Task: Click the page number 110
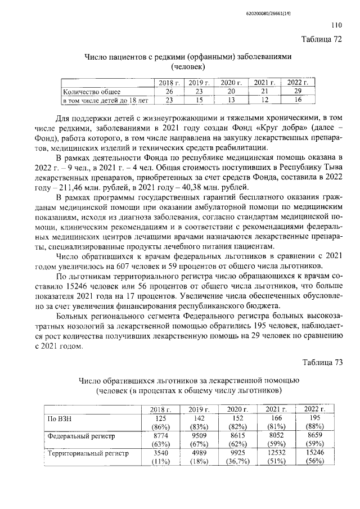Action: click(x=336, y=25)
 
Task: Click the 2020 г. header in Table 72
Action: click(x=231, y=83)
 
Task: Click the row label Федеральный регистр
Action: click(x=76, y=435)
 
